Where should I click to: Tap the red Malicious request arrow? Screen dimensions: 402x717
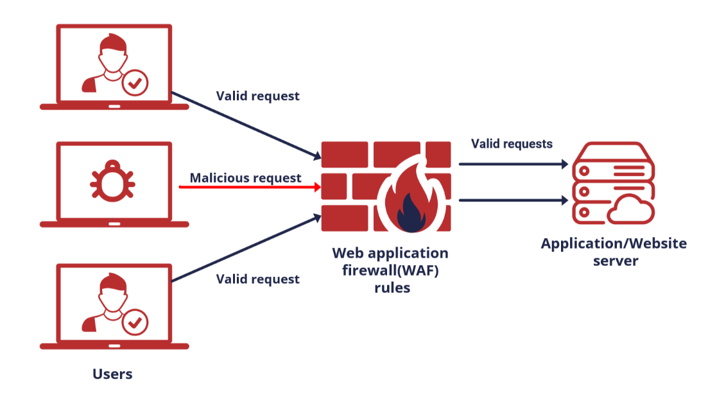coord(250,187)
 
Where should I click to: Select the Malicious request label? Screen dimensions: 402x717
coord(245,178)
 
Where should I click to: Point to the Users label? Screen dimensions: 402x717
coord(112,374)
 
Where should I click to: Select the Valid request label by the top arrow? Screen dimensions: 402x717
coord(257,96)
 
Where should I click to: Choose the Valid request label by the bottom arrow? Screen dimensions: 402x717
coord(257,279)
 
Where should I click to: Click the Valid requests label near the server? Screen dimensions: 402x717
coord(512,144)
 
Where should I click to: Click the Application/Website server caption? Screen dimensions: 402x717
coord(614,252)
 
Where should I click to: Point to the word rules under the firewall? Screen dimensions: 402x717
coord(392,288)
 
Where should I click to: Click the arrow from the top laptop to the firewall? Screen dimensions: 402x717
coord(247,126)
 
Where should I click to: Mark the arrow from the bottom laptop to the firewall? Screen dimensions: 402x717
coord(247,249)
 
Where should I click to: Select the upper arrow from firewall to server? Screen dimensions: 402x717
coord(514,164)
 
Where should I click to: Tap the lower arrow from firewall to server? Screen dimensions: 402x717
coord(514,200)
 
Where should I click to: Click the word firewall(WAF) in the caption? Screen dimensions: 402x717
coord(391,270)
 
